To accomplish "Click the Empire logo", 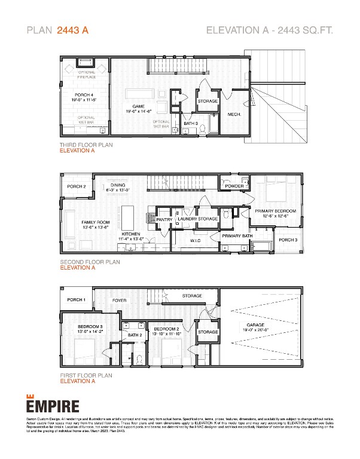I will point(52,405).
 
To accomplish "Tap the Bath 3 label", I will point(191,123).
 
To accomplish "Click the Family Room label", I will point(95,222).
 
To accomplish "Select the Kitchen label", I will point(131,234).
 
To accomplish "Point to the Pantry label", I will point(164,219).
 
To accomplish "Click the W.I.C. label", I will point(197,241).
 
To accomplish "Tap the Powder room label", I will point(234,186).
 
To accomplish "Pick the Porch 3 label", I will point(288,240).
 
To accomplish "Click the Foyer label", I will point(119,300).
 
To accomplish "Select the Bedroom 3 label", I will point(90,328).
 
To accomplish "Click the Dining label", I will point(118,185).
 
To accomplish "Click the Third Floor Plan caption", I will point(86,145).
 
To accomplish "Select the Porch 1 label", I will point(76,299).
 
